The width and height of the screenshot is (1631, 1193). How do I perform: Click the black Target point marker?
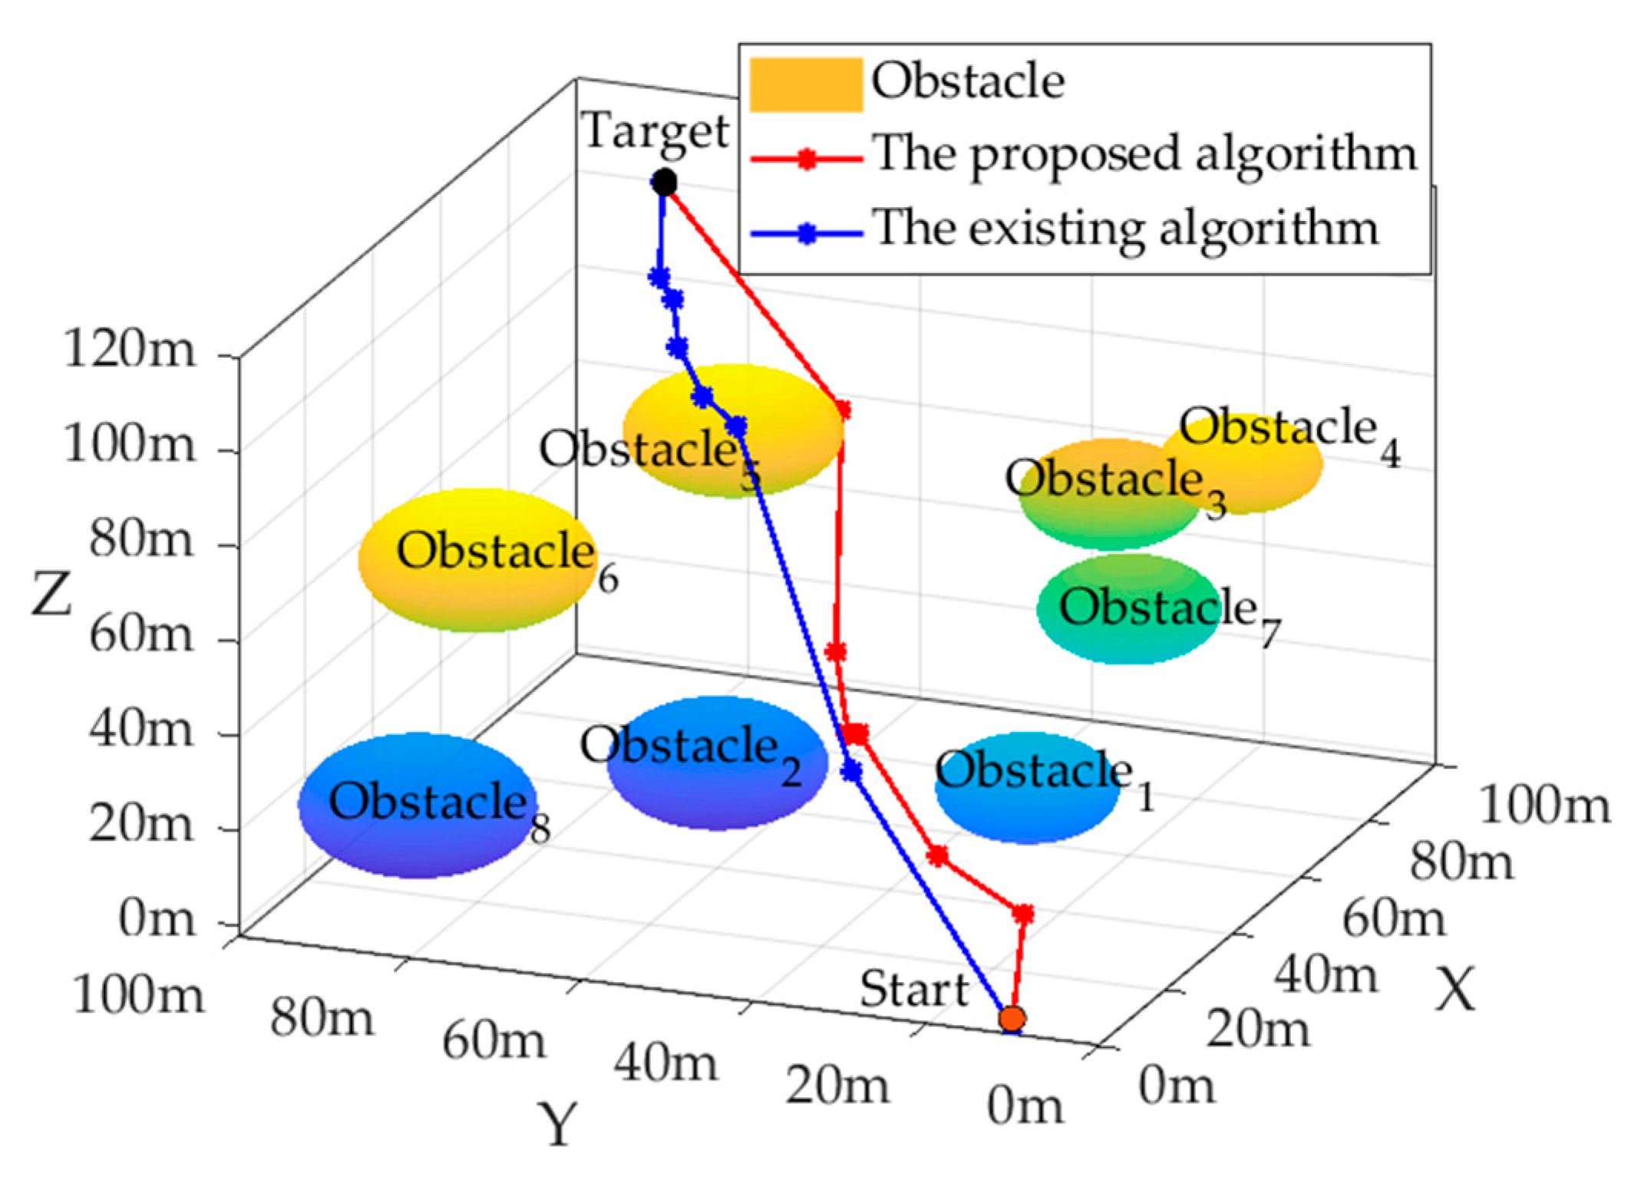[664, 183]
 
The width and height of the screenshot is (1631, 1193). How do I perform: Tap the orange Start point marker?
[1012, 1018]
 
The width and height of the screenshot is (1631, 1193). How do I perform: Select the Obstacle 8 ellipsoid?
[418, 806]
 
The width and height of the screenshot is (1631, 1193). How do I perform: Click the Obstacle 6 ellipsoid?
[477, 560]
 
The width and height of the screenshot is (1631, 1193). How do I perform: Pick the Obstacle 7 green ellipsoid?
[1128, 610]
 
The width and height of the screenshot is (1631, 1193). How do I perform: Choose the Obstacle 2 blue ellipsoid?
[718, 763]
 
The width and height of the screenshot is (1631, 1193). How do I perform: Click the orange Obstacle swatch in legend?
[805, 84]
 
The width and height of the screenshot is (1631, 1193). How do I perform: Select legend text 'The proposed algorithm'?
[1144, 153]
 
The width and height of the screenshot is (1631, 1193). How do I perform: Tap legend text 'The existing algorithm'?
[1125, 229]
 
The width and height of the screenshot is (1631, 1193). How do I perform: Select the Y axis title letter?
[557, 1124]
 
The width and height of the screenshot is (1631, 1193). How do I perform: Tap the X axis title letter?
[1455, 990]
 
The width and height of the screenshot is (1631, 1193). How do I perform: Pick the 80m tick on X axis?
[1461, 861]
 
